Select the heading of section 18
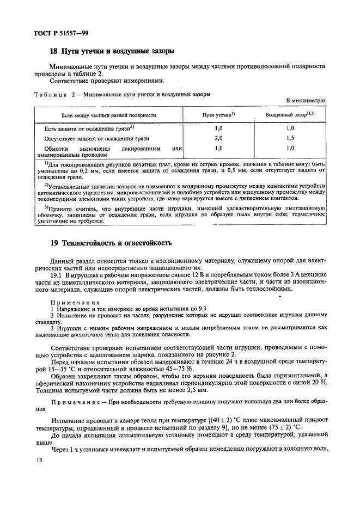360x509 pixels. coord(112,52)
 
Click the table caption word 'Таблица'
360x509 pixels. coord(51,94)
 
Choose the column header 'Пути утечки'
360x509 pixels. coord(218,115)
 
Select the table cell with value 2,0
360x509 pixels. coord(219,138)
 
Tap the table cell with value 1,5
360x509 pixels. coord(290,138)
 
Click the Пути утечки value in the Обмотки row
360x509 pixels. coord(219,148)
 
